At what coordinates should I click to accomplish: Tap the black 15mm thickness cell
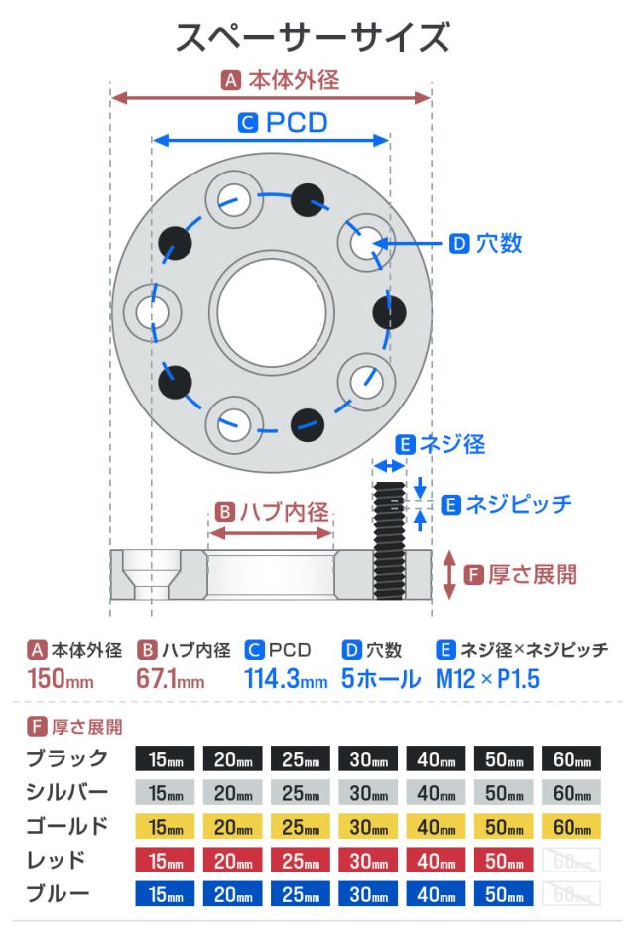point(165,760)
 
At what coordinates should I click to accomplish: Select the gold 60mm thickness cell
point(571,826)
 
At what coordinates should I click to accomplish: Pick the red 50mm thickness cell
point(504,860)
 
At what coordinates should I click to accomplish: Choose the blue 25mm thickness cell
point(301,893)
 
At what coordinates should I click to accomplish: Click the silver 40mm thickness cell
point(437,793)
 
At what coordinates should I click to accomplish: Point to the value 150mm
point(60,681)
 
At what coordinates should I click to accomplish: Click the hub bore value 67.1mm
point(170,681)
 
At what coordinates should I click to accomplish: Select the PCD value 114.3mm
point(286,681)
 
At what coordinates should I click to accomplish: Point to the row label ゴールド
point(65,826)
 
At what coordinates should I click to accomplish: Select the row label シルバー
point(65,793)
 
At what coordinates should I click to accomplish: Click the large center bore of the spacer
point(270,308)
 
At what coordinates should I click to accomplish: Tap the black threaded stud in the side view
point(389,540)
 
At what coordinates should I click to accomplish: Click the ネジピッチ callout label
point(521,504)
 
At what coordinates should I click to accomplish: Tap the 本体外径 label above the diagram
point(292,80)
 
